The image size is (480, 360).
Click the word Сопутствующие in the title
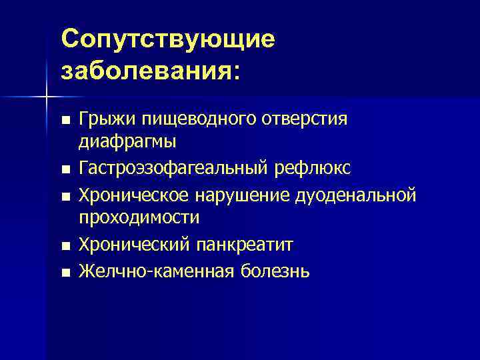pyautogui.click(x=167, y=39)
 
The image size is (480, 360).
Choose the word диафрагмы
pyautogui.click(x=127, y=141)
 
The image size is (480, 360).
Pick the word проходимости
pyautogui.click(x=139, y=217)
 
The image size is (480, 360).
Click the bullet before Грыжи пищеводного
pyautogui.click(x=64, y=121)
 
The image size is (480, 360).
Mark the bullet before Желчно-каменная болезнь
pyautogui.click(x=64, y=273)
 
